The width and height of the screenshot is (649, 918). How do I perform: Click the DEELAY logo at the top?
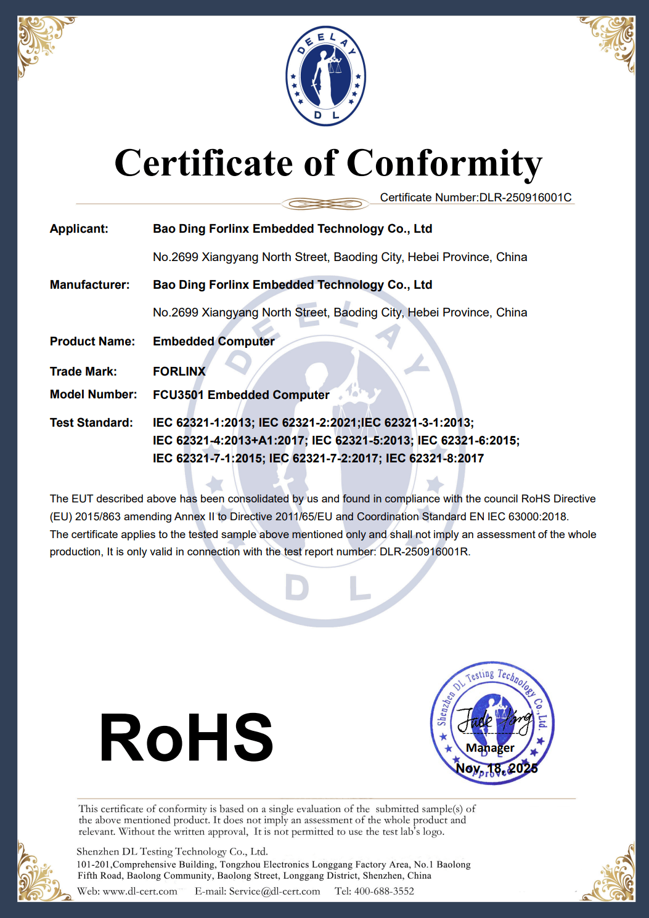tap(325, 76)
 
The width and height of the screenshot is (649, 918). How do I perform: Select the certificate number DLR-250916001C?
tap(525, 198)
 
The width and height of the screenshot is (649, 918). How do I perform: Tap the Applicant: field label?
tap(79, 229)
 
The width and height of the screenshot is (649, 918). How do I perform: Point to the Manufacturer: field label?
tap(89, 285)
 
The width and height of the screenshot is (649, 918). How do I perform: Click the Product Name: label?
tap(92, 342)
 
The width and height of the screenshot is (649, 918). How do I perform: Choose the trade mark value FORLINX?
tap(179, 371)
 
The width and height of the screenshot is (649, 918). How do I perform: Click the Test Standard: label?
tap(91, 423)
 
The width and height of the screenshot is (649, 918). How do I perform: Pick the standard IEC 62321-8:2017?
tap(435, 458)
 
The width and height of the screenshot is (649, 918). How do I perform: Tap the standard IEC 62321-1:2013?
tap(203, 423)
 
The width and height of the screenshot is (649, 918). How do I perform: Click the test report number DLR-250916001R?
tap(424, 552)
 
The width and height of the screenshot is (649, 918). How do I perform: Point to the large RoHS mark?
tap(186, 738)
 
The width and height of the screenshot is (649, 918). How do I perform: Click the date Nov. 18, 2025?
tap(496, 768)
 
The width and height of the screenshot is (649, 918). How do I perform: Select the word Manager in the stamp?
tap(490, 748)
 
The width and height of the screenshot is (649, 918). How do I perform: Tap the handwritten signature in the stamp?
tap(494, 720)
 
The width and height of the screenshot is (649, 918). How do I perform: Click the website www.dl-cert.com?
tap(140, 892)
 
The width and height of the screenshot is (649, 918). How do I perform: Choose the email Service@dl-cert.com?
tap(274, 892)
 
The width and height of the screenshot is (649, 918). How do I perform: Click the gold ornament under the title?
tap(325, 204)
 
